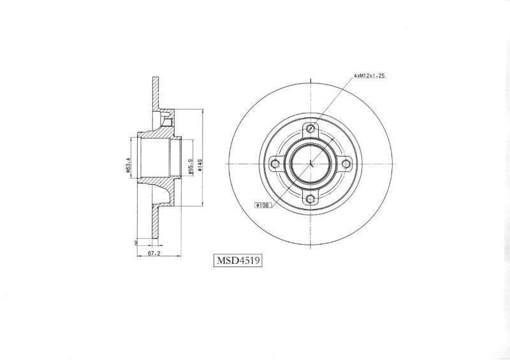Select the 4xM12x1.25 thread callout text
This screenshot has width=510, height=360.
[x=370, y=76]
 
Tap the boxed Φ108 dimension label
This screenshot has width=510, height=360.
[x=263, y=206]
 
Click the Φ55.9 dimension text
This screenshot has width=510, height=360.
[x=190, y=168]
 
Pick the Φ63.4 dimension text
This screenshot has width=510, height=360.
[x=129, y=164]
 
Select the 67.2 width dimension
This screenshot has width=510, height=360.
[x=153, y=253]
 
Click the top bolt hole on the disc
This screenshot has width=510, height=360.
[x=310, y=129]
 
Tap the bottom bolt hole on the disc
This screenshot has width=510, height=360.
[x=310, y=199]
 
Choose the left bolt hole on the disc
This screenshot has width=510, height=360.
[x=275, y=164]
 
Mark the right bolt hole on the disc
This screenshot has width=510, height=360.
[x=345, y=164]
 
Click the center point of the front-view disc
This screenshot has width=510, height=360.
[x=310, y=164]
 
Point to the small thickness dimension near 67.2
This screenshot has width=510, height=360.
[x=136, y=242]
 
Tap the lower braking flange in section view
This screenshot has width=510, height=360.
[x=155, y=223]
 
